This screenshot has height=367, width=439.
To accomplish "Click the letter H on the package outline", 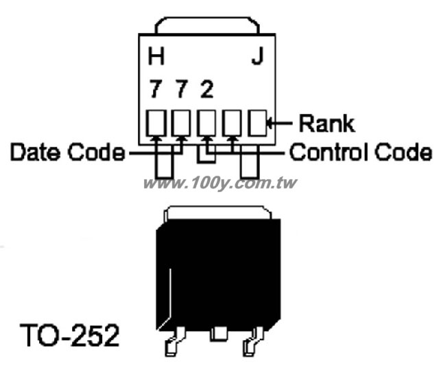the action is [156, 56].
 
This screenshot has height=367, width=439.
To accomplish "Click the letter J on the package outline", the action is [257, 56].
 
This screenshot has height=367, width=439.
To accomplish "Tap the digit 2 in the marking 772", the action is [206, 89].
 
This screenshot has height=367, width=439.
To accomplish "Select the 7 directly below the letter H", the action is [156, 89].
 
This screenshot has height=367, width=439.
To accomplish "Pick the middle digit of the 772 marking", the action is [181, 89].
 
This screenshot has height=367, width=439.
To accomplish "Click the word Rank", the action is [327, 123].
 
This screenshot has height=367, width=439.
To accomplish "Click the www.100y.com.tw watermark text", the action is [219, 183].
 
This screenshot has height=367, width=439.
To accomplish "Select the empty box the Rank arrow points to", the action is [258, 123].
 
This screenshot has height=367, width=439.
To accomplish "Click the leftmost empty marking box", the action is [156, 123].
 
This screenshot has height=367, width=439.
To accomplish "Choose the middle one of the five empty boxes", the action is [206, 123].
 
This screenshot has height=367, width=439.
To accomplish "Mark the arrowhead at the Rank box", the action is [270, 123].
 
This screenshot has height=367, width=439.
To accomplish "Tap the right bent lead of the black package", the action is [253, 342].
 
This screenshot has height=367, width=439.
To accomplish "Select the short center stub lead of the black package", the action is [219, 334].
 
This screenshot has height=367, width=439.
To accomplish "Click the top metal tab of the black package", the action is [217, 213].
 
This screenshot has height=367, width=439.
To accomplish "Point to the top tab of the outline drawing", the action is [207, 25].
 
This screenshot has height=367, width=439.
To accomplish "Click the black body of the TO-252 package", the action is [218, 274].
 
